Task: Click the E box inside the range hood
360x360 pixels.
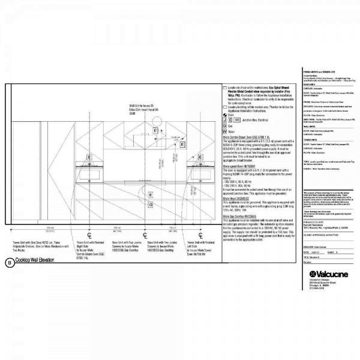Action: coord(155,130)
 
